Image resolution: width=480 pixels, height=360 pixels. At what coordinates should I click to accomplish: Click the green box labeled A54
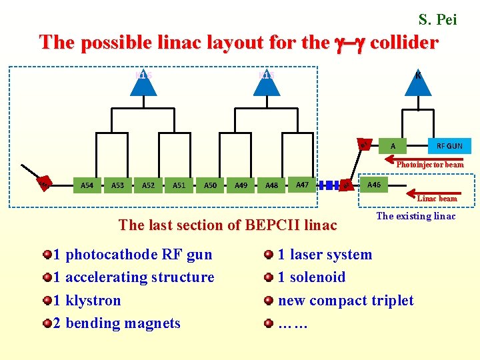[x=87, y=185]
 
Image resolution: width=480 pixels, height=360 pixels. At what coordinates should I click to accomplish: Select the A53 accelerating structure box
[x=117, y=185]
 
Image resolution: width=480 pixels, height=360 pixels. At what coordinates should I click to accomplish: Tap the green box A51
[x=179, y=185]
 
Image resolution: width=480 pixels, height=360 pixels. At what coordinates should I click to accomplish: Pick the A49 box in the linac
[x=241, y=185]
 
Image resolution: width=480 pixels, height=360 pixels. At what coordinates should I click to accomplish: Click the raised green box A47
[x=302, y=183]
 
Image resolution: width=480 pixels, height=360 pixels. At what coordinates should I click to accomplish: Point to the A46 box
[x=374, y=183]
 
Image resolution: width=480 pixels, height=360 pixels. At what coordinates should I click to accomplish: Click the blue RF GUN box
[x=449, y=145]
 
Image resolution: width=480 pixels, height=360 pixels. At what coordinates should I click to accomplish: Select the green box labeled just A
[x=393, y=145]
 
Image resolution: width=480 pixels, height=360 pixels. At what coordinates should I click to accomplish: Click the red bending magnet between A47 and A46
[x=346, y=185]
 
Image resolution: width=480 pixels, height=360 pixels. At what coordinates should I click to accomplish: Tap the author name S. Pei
[x=437, y=20]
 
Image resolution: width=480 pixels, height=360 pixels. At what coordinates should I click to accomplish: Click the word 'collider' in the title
[x=403, y=43]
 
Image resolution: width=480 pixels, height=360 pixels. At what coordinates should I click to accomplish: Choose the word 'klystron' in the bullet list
[x=94, y=300]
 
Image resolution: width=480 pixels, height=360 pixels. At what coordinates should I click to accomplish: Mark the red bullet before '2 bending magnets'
[x=47, y=323]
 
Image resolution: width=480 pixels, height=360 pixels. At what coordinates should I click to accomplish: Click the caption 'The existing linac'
[x=416, y=215]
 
